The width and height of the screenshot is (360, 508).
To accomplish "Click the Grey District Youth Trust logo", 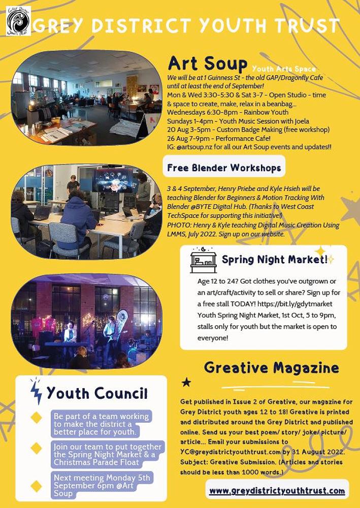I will pos(18,21).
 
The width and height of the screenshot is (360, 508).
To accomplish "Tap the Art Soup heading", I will pos(208,64).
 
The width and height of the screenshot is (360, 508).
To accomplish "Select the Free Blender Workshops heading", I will pos(224,167).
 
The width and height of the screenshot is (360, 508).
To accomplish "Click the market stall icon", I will pos(203,261).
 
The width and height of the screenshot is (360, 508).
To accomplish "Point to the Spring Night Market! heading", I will pos(275,260).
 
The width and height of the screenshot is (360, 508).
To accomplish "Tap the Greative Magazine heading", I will pos(272,367).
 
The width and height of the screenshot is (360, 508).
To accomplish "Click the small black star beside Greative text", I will pos(186,382).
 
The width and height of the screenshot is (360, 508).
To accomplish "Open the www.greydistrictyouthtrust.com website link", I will pos(277,491).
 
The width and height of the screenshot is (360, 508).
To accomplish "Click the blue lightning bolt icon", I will pos(36,392).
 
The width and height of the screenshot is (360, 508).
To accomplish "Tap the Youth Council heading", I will pos(97,393).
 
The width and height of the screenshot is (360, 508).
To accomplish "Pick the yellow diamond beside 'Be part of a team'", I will pos(36,417).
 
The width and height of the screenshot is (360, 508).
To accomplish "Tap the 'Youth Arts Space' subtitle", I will pos(283,69).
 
